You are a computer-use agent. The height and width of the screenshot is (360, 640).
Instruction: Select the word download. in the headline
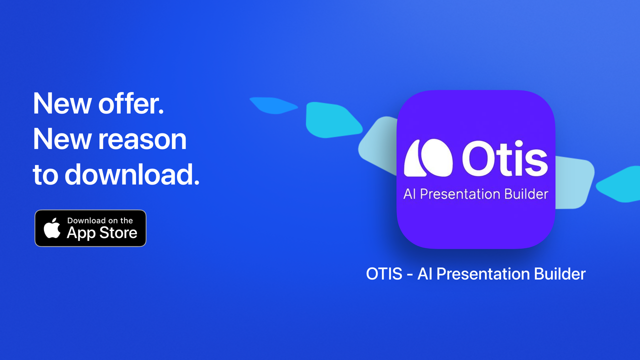132,175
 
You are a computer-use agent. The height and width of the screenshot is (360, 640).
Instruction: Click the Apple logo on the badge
52,228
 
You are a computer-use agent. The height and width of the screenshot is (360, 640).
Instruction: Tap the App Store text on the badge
102,232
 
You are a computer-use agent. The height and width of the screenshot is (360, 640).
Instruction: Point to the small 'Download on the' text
100,220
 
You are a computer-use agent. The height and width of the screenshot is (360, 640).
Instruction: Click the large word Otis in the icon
504,159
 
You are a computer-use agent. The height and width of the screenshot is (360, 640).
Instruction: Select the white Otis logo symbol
428,158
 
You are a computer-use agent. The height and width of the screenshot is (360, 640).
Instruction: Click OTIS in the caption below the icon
384,274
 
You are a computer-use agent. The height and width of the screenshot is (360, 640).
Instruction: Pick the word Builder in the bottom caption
559,274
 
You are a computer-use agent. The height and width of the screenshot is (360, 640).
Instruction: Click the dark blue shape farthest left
271,104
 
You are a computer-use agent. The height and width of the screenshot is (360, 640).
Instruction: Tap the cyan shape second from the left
331,120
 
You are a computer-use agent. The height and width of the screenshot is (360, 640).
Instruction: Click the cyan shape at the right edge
620,185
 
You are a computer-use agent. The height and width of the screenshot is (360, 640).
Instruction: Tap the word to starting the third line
45,175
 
